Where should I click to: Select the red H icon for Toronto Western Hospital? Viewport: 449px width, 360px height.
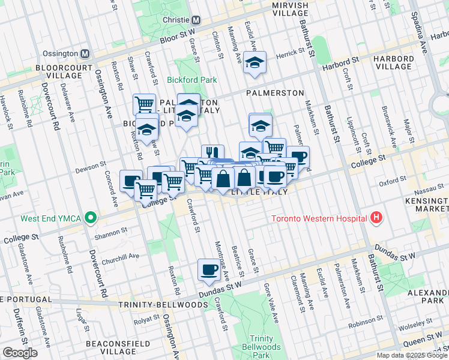pyautogui.click(x=376, y=217)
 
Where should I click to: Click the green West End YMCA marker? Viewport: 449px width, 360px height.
pyautogui.click(x=90, y=217)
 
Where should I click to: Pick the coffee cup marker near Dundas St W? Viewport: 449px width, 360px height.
pyautogui.click(x=209, y=270)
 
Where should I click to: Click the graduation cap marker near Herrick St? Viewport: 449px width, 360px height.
pyautogui.click(x=255, y=63)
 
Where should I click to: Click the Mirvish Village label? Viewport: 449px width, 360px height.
pyautogui.click(x=290, y=9)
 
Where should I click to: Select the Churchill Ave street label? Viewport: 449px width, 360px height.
pyautogui.click(x=120, y=255)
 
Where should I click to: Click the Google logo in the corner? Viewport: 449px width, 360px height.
pyautogui.click(x=20, y=353)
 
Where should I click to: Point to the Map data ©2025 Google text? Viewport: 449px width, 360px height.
pyautogui.click(x=412, y=355)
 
